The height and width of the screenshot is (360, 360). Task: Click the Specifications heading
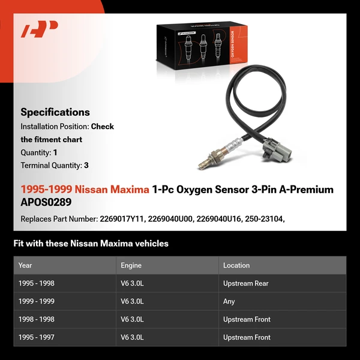[55, 112]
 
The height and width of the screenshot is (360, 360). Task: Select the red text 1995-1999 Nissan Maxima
[85, 190]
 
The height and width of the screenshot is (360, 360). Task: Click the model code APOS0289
[46, 202]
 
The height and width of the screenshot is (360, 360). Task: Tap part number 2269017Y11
[120, 219]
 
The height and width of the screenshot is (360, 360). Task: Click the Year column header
[25, 265]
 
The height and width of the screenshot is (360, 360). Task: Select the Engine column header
[131, 265]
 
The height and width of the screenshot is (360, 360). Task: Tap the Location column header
[236, 265]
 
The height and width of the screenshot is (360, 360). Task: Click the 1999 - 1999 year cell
[37, 301]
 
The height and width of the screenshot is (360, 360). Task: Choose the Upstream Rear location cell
[246, 283]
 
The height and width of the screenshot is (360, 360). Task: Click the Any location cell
[229, 301]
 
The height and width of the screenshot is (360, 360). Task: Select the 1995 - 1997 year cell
[37, 337]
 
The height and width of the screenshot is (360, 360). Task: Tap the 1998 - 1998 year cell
[37, 319]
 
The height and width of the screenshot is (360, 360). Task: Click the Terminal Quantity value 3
[86, 165]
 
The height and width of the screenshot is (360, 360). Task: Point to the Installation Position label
[55, 127]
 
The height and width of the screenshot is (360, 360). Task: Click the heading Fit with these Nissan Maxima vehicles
[91, 244]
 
